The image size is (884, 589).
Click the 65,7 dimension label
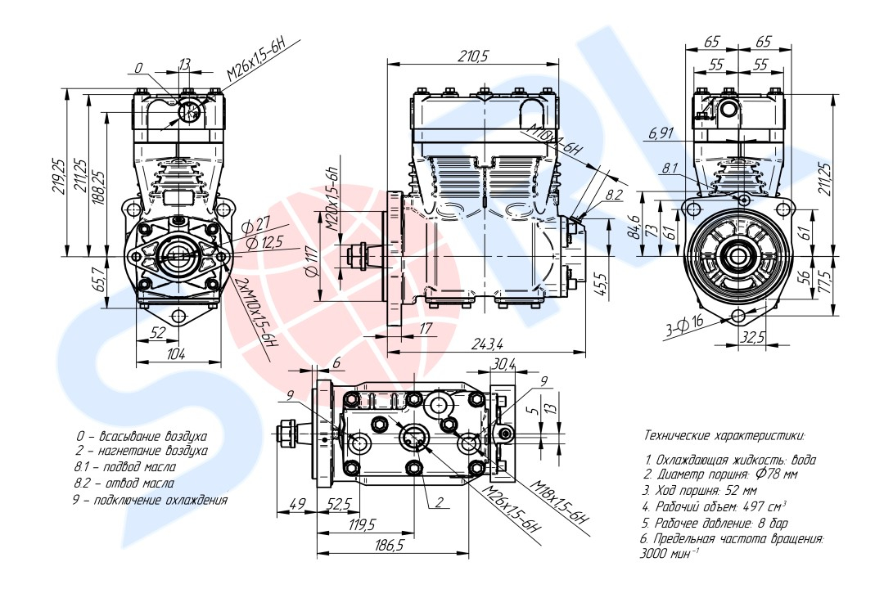point(99,281)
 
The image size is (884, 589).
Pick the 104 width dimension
point(176,353)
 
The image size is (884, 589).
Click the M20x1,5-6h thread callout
point(331,199)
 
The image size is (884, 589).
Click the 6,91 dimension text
point(660,133)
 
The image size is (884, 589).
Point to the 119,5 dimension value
point(362,524)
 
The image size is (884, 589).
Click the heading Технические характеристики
point(724,435)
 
